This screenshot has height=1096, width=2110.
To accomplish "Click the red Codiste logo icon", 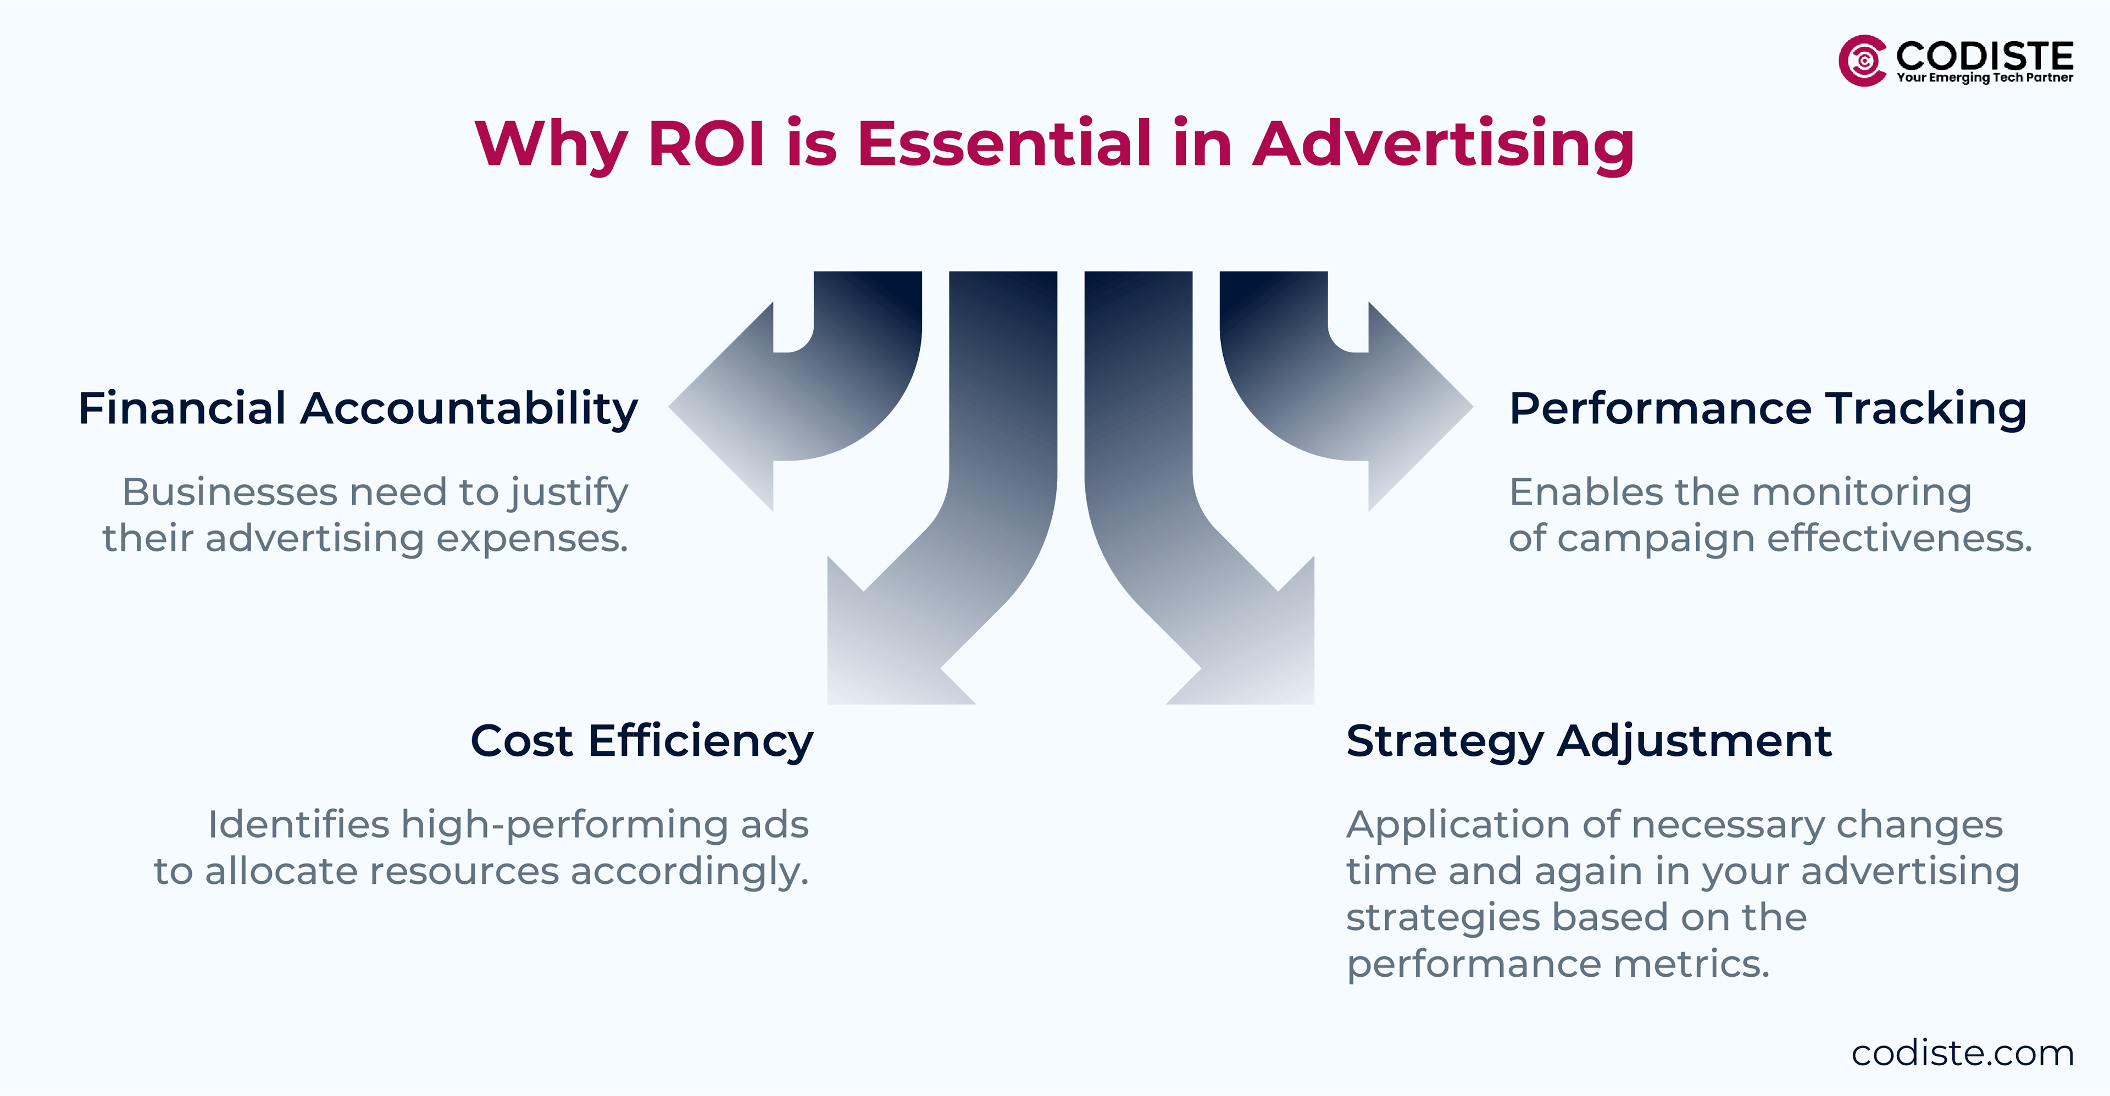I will pyautogui.click(x=1863, y=60).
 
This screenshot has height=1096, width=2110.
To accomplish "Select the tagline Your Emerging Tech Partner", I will pyautogui.click(x=1985, y=78).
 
